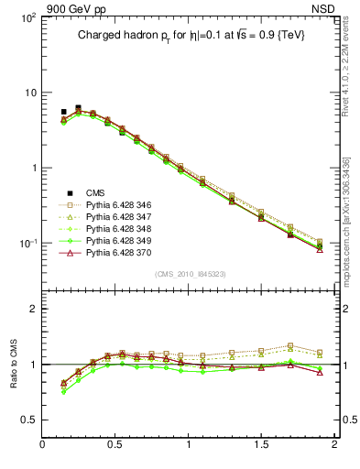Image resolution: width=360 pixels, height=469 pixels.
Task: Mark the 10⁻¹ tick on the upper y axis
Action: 27,244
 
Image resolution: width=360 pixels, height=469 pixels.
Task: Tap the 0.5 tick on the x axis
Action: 115,445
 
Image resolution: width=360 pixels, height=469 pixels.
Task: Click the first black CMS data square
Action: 63,112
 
